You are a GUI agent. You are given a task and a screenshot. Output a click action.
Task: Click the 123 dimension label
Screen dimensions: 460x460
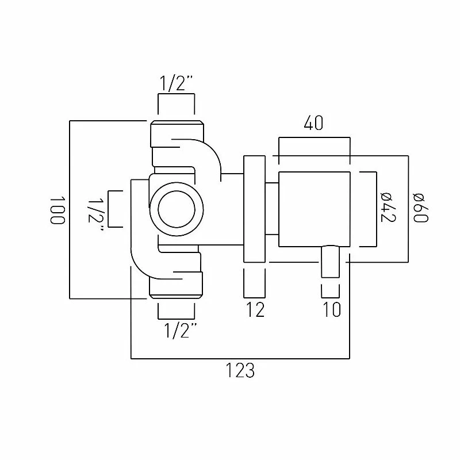tap(240, 370)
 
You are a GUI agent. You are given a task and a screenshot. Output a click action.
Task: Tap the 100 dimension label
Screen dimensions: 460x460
tap(56, 210)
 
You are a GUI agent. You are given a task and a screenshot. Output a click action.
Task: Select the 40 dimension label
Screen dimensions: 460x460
tap(313, 123)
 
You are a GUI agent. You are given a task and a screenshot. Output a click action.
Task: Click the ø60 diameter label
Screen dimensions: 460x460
tap(420, 208)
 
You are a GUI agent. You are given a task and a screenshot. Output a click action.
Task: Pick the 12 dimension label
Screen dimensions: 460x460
tap(255, 309)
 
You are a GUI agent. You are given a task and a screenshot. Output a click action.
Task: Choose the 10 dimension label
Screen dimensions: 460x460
tap(332, 309)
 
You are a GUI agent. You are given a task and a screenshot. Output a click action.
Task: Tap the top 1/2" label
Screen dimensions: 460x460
tap(177, 83)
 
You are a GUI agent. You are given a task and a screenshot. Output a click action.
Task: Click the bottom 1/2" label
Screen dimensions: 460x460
tap(180, 330)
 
